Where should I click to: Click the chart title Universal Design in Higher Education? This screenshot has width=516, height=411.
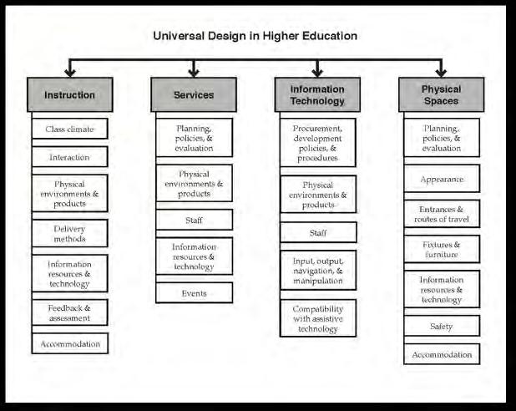point(255,36)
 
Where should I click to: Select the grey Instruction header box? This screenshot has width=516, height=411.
point(69,94)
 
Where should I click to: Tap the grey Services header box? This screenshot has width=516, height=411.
point(194,94)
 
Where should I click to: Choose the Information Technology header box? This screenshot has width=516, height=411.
point(317,94)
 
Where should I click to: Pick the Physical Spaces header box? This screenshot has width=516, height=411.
point(441,94)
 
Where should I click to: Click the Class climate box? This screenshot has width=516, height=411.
point(69,129)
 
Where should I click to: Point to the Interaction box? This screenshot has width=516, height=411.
point(69,156)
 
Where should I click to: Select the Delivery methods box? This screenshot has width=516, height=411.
point(69,233)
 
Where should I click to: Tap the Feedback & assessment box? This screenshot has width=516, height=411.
point(69,312)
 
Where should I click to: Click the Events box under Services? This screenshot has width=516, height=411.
point(194,293)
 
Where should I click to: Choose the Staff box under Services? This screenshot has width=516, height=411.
point(194,221)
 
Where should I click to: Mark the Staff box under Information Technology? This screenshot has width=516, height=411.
point(317,231)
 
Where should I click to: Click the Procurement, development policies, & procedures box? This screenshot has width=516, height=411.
point(317,142)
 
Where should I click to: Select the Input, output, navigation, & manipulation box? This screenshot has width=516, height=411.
point(317,270)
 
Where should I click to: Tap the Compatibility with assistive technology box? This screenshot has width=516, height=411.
point(317,318)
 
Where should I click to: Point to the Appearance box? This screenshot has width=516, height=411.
point(441,179)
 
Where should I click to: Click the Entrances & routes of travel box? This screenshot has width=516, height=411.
point(441,214)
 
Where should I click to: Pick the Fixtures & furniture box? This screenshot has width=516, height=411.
point(441,250)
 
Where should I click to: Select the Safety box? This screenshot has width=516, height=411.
point(441,326)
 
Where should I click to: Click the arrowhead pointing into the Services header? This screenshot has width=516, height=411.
point(194,73)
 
